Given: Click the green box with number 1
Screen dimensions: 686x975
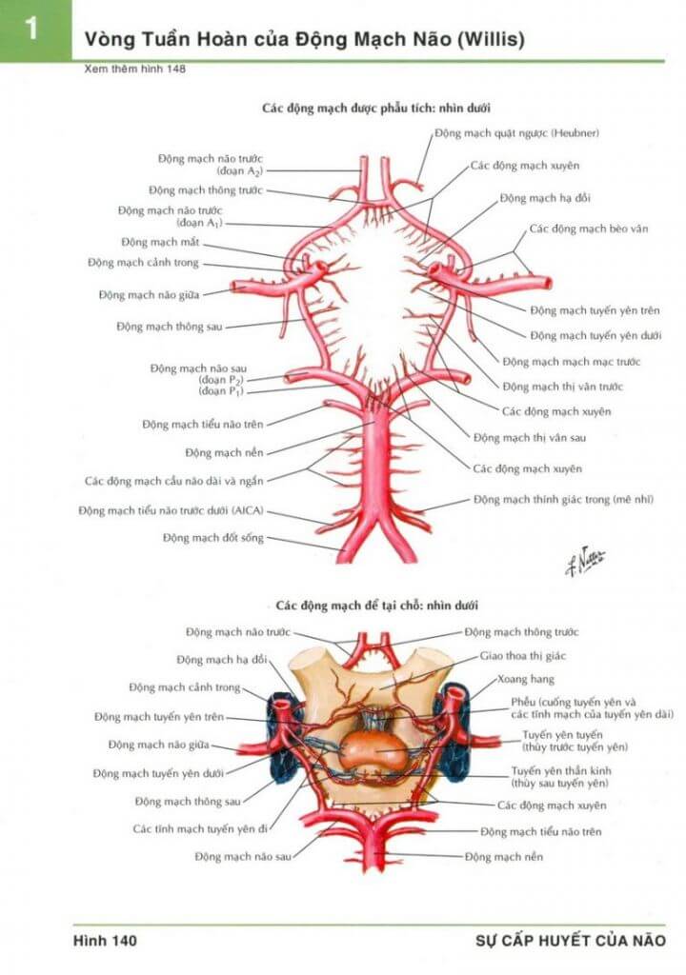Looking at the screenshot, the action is (35, 30).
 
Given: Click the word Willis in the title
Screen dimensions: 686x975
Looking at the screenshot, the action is (491, 39).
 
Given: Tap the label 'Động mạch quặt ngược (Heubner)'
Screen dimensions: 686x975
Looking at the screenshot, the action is (516, 133).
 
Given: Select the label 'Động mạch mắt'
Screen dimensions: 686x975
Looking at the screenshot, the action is (160, 242).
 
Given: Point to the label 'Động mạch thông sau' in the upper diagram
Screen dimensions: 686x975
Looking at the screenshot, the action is (170, 327).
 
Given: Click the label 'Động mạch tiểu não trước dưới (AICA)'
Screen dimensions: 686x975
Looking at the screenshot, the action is (171, 510).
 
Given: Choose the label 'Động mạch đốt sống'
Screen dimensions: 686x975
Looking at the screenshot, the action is (213, 537).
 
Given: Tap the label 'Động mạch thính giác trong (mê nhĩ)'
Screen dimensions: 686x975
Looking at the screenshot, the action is (563, 499).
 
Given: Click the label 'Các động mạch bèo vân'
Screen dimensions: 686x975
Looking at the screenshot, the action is (588, 229).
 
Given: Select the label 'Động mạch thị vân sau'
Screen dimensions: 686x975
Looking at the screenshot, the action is (530, 438).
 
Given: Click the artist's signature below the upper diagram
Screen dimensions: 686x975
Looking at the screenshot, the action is (585, 562).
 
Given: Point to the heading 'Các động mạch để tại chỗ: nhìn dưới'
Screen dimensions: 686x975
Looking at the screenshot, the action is (377, 605).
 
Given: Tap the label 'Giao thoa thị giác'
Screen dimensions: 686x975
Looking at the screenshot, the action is (523, 656).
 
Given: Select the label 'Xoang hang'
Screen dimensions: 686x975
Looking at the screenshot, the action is (525, 679).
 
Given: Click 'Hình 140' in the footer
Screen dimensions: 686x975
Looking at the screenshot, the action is (105, 941).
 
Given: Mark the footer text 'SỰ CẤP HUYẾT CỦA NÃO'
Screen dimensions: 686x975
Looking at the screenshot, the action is (570, 941).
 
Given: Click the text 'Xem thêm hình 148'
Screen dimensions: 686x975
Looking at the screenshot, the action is (135, 69).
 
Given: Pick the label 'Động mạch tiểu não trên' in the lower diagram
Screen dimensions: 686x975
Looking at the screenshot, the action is (541, 831).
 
